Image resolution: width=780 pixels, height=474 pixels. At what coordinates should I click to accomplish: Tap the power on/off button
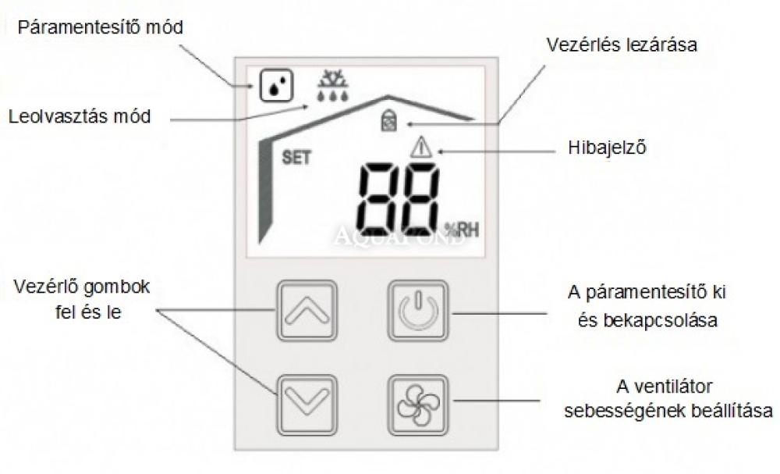[x=418, y=311]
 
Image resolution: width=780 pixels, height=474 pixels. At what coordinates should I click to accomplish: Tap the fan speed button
[x=418, y=405]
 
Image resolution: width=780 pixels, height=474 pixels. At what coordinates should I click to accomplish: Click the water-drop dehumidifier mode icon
[x=276, y=86]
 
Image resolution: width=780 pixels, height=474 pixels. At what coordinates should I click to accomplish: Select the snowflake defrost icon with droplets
[x=333, y=86]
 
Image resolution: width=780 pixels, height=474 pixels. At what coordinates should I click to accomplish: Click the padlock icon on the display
[x=388, y=121]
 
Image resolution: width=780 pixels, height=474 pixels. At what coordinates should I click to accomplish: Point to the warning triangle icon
[x=421, y=148]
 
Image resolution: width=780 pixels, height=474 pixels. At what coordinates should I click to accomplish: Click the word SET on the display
[x=296, y=158]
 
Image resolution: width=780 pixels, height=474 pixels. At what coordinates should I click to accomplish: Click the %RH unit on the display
[x=462, y=230]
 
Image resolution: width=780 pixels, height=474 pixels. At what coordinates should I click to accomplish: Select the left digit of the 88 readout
[x=381, y=200]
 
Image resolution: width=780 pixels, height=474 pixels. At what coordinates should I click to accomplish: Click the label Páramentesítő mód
[x=101, y=27]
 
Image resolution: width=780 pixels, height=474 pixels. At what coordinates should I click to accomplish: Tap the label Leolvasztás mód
[x=80, y=116]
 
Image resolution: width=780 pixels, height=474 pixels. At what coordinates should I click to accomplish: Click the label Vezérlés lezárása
[x=622, y=45]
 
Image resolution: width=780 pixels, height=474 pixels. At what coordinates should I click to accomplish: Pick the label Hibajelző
[x=607, y=148]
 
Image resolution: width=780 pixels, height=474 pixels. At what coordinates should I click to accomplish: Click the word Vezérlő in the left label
[x=44, y=287]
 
